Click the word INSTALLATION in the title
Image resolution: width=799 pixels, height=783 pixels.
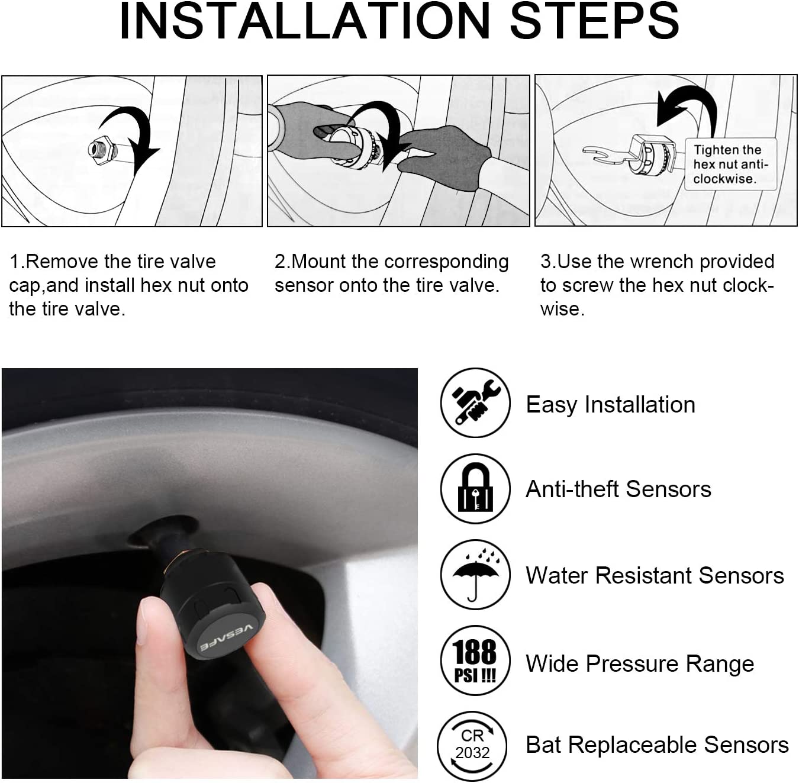pyautogui.click(x=305, y=21)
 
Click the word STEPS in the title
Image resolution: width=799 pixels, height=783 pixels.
pyautogui.click(x=595, y=21)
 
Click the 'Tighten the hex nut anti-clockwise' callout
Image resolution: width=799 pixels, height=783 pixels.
pyautogui.click(x=730, y=164)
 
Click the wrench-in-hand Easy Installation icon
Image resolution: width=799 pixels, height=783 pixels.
pyautogui.click(x=475, y=402)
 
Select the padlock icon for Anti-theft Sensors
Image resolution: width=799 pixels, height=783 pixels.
pyautogui.click(x=475, y=488)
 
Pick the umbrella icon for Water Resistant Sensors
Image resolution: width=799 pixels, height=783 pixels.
pyautogui.click(x=475, y=575)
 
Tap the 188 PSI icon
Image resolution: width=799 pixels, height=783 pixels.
pyautogui.click(x=475, y=660)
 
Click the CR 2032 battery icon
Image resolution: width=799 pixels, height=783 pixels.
pyautogui.click(x=473, y=746)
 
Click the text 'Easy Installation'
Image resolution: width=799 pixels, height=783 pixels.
pyautogui.click(x=610, y=405)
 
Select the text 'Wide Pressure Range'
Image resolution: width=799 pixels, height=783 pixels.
pyautogui.click(x=640, y=663)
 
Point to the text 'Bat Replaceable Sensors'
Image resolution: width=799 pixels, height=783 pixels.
pyautogui.click(x=657, y=745)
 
